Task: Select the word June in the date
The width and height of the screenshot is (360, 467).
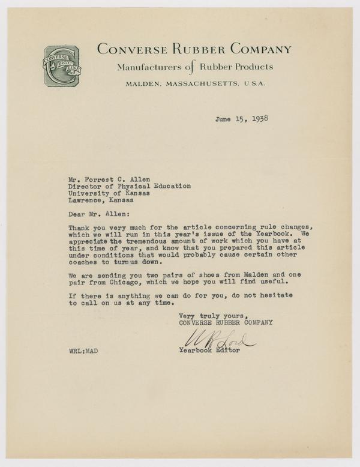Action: click(224, 118)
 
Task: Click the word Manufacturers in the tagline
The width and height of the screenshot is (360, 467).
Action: click(151, 67)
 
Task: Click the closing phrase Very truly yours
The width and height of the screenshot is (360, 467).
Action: click(213, 315)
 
